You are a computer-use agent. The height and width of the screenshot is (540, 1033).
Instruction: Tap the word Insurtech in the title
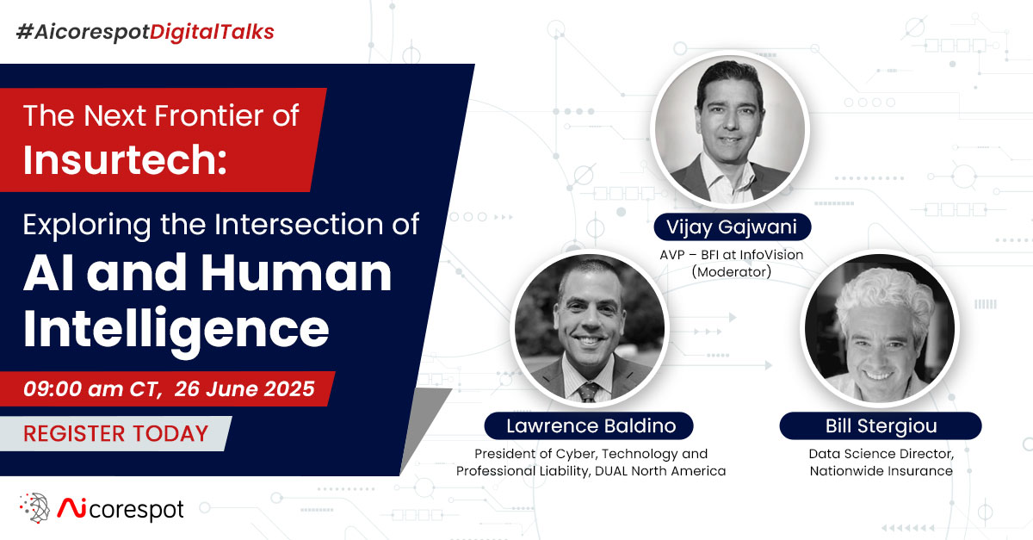point(125,160)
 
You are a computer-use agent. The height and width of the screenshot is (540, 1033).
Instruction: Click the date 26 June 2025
point(244,389)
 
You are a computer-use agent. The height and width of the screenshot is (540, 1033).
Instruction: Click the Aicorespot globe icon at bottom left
point(34,508)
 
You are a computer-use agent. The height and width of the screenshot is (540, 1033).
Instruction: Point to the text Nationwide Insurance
point(881,471)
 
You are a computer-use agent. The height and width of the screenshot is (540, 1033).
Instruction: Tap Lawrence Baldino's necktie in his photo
point(588,392)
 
